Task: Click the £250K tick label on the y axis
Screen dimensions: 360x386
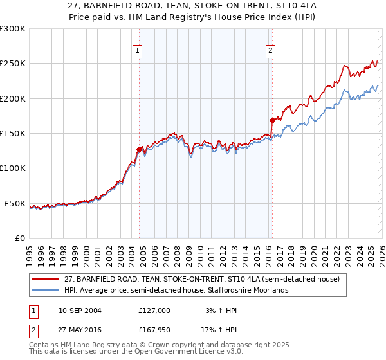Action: click(x=13, y=64)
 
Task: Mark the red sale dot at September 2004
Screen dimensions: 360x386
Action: click(x=140, y=149)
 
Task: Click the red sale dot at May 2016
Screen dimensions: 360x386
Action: click(x=272, y=120)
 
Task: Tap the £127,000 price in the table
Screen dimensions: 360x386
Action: click(x=154, y=310)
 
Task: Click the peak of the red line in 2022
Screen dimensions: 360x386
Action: click(x=345, y=66)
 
